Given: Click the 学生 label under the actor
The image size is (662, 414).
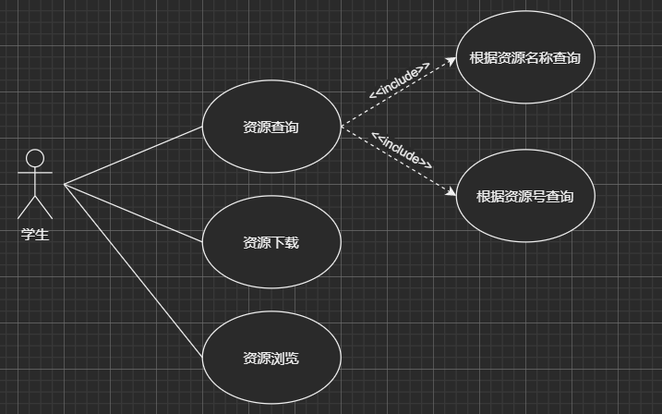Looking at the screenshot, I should click(x=35, y=235).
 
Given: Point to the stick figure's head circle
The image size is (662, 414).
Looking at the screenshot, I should click(x=35, y=158).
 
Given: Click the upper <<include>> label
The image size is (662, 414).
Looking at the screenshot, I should click(x=399, y=80).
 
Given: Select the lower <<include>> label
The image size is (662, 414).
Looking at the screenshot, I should click(x=402, y=151).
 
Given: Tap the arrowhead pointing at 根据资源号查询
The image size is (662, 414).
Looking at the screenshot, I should click(x=451, y=193).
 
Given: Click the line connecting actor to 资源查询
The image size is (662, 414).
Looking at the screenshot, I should click(x=133, y=155).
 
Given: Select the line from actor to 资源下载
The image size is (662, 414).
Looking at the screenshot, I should click(x=133, y=213).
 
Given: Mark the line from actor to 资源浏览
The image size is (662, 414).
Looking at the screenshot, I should click(x=133, y=272).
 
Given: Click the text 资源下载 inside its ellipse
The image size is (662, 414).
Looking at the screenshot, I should click(x=271, y=243).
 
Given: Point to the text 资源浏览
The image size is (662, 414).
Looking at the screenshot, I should click(x=271, y=359).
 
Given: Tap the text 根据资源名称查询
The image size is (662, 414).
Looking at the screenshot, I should click(x=524, y=58).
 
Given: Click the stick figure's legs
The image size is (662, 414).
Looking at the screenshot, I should click(x=35, y=207).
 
